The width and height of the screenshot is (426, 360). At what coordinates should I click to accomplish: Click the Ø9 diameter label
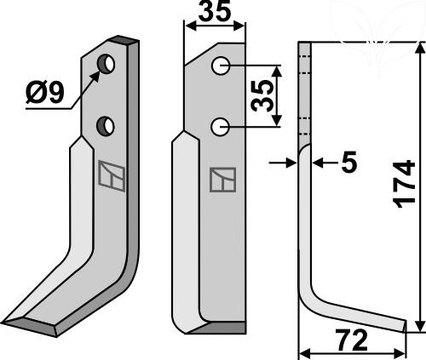point(45,93)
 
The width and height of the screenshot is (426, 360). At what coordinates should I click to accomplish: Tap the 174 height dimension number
point(404,185)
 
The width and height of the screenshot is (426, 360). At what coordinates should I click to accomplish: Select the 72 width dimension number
point(351,340)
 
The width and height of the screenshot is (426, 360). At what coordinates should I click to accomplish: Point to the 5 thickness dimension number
point(348,162)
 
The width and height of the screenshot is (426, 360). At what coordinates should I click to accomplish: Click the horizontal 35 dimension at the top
point(215,11)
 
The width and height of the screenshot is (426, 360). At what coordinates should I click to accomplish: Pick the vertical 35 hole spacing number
point(262,96)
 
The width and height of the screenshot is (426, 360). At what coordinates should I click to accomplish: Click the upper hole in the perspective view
point(106,63)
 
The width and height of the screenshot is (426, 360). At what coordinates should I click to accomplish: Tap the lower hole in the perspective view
point(106,126)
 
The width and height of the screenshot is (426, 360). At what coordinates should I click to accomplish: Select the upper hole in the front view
point(221,66)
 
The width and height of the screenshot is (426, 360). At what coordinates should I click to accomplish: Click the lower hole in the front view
point(220,127)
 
